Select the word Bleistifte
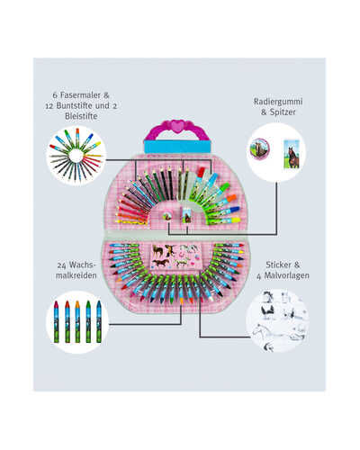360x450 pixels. [81, 116]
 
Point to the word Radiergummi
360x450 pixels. [278, 102]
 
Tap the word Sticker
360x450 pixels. [278, 265]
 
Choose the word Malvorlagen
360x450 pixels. [286, 275]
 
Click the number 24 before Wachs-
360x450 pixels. [62, 265]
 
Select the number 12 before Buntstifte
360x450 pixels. [50, 106]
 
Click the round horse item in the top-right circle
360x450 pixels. [260, 148]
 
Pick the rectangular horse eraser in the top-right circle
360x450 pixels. [292, 154]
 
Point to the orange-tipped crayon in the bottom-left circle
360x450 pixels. [77, 321]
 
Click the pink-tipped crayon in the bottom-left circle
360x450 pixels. [56, 321]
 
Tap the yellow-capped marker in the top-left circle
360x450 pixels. [92, 147]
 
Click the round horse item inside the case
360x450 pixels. [166, 217]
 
